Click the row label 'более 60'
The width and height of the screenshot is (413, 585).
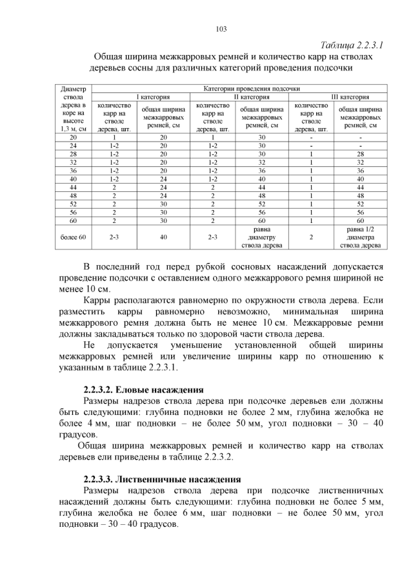(x=73, y=237)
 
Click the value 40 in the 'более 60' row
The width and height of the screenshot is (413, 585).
(x=163, y=237)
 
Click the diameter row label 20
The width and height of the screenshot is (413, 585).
(x=73, y=137)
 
